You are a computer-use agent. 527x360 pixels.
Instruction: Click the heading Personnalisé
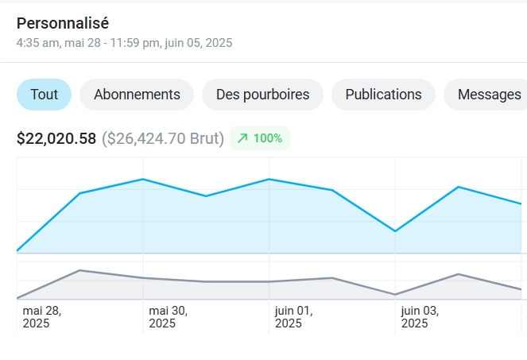pyautogui.click(x=63, y=23)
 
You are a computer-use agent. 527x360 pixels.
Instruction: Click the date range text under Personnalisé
pyautogui.click(x=124, y=43)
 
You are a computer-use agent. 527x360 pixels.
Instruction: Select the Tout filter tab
pyautogui.click(x=44, y=95)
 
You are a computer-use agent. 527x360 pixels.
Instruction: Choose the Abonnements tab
pyautogui.click(x=137, y=95)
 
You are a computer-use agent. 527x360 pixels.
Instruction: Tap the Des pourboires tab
pyautogui.click(x=262, y=95)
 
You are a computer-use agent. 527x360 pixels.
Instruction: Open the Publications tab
pyautogui.click(x=383, y=95)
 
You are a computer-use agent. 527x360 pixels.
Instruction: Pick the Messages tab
pyautogui.click(x=488, y=95)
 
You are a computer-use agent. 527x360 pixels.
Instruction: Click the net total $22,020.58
pyautogui.click(x=56, y=138)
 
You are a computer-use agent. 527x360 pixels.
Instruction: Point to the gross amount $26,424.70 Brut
pyautogui.click(x=162, y=138)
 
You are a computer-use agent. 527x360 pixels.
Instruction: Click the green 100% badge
pyautogui.click(x=260, y=138)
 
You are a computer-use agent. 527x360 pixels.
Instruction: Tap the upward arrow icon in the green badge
pyautogui.click(x=242, y=138)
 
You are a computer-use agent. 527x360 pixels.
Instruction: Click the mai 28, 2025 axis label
pyautogui.click(x=42, y=317)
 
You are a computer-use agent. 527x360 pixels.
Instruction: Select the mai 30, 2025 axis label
pyautogui.click(x=168, y=317)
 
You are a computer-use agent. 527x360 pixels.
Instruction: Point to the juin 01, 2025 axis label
pyautogui.click(x=293, y=317)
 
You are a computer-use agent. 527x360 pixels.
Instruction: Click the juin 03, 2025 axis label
pyautogui.click(x=420, y=317)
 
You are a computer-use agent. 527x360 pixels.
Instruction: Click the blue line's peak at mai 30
pyautogui.click(x=142, y=179)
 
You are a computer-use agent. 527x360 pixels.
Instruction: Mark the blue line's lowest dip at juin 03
pyautogui.click(x=395, y=231)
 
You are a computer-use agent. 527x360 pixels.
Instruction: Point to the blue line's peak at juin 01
pyautogui.click(x=269, y=179)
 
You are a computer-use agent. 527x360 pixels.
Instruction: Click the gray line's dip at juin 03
pyautogui.click(x=395, y=295)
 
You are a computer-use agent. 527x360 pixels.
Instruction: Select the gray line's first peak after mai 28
pyautogui.click(x=79, y=270)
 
